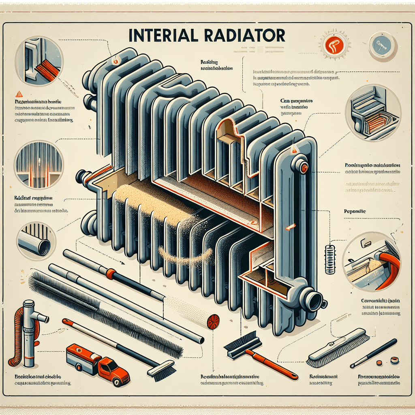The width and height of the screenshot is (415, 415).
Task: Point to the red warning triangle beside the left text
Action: (x=18, y=92)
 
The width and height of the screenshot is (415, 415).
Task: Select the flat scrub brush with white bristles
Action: (x=337, y=344)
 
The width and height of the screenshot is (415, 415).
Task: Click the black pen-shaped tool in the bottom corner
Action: (x=373, y=353)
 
